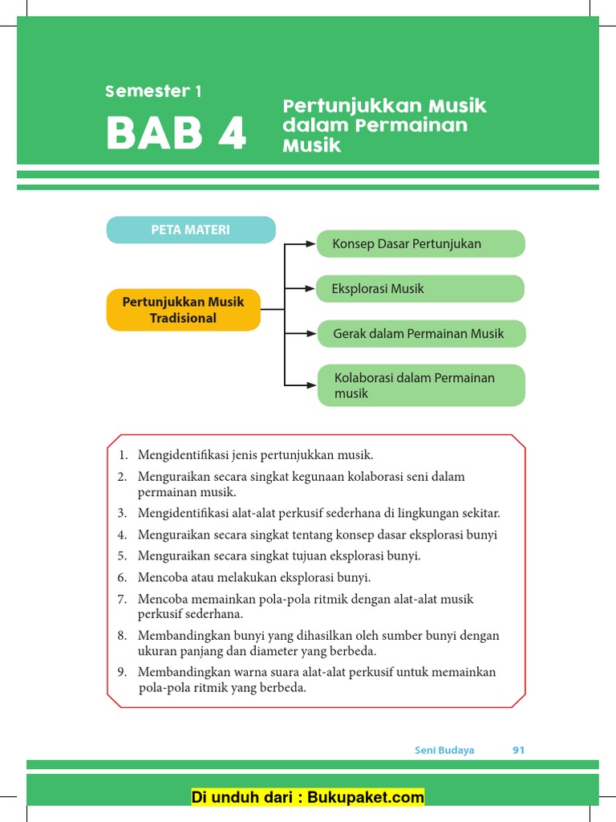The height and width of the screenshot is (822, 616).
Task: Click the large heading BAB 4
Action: coord(176,134)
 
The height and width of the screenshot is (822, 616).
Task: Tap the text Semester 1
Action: coord(153,92)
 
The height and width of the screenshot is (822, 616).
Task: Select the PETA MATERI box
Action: coord(191,230)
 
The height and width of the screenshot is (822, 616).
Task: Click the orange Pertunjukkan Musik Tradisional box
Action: coord(183,310)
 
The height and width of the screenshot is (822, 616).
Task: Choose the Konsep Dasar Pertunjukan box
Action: coord(420,243)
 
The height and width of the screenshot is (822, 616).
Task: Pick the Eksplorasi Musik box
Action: coord(420,289)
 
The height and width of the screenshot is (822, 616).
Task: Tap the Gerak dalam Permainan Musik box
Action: coord(421,333)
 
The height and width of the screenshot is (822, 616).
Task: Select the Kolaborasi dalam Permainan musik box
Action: coord(421,385)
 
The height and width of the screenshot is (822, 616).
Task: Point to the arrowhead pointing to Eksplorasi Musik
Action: coord(311,287)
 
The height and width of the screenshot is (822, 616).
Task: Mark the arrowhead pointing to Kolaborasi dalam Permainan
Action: coord(311,385)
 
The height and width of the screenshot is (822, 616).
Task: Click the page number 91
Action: coord(518,751)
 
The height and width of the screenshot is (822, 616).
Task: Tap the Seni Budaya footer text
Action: coord(444,751)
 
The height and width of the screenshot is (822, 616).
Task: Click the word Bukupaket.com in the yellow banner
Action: coord(373,797)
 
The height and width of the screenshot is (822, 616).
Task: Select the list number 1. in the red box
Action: coord(124,455)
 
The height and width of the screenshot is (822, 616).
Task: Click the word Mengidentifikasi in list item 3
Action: coord(180,513)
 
